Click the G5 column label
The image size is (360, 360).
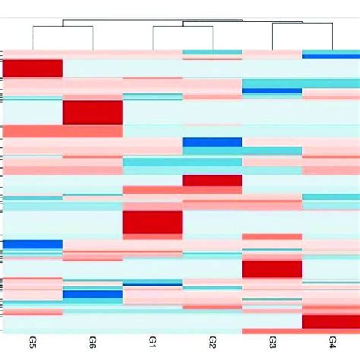(x=33, y=343)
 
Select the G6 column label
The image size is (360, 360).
(x=93, y=343)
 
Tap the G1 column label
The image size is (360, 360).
(x=153, y=343)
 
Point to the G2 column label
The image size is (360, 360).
(x=213, y=343)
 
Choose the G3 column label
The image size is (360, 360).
(x=273, y=343)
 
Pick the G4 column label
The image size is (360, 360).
(x=332, y=343)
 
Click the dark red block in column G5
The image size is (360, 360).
(x=33, y=68)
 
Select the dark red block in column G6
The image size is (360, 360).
(x=93, y=112)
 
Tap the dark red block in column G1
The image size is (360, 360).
(x=153, y=223)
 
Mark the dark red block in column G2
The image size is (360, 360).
(x=213, y=180)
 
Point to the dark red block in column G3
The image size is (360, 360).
(x=273, y=269)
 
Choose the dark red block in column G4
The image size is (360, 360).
(x=331, y=322)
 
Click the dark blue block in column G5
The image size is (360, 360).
(x=33, y=244)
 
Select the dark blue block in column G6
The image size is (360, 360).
(x=93, y=294)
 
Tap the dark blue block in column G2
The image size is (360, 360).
(x=213, y=142)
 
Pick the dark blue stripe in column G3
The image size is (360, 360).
(x=273, y=91)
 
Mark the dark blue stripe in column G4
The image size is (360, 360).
(x=331, y=55)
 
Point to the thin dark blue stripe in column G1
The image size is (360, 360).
(x=153, y=283)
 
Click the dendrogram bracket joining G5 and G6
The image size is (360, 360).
(x=62, y=27)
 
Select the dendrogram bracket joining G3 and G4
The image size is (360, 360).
(x=302, y=24)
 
